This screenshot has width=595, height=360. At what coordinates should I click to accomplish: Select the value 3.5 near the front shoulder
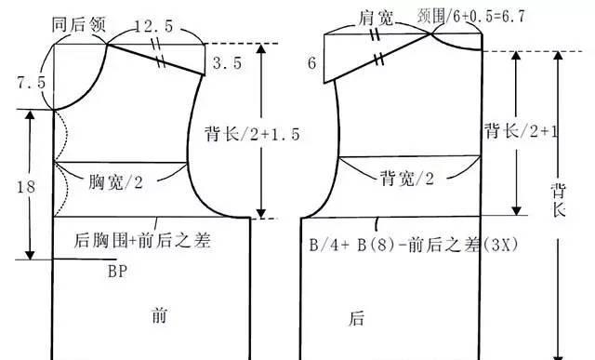(x=225, y=64)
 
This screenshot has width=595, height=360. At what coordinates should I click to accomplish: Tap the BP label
(x=116, y=272)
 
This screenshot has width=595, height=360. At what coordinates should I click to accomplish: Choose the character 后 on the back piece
(x=356, y=319)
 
